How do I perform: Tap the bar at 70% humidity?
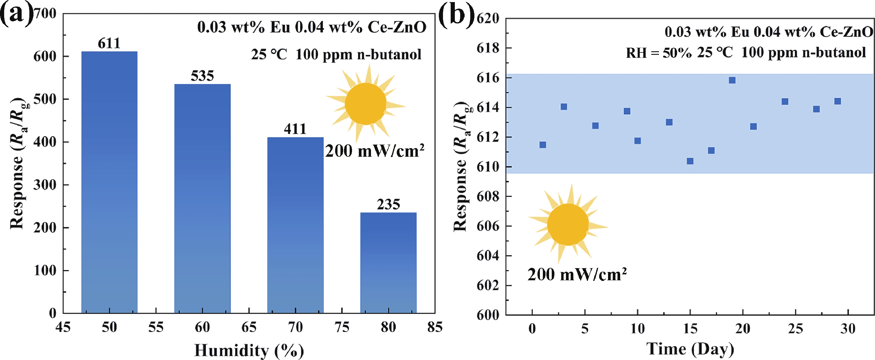point(295,225)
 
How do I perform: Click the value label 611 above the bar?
point(109,44)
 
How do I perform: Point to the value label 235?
point(388,204)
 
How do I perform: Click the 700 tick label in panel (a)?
point(45,14)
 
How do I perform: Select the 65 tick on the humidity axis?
point(249,327)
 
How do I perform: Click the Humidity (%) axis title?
point(249,350)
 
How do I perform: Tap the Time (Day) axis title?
point(690,349)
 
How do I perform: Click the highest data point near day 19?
point(732,80)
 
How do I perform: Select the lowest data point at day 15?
point(690,161)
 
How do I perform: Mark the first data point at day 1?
point(543,145)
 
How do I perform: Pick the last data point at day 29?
point(838,101)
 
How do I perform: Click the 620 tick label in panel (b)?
point(488,18)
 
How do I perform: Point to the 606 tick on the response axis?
point(488,226)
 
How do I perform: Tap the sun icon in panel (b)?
point(568,225)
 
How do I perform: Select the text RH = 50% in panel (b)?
point(658,53)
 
